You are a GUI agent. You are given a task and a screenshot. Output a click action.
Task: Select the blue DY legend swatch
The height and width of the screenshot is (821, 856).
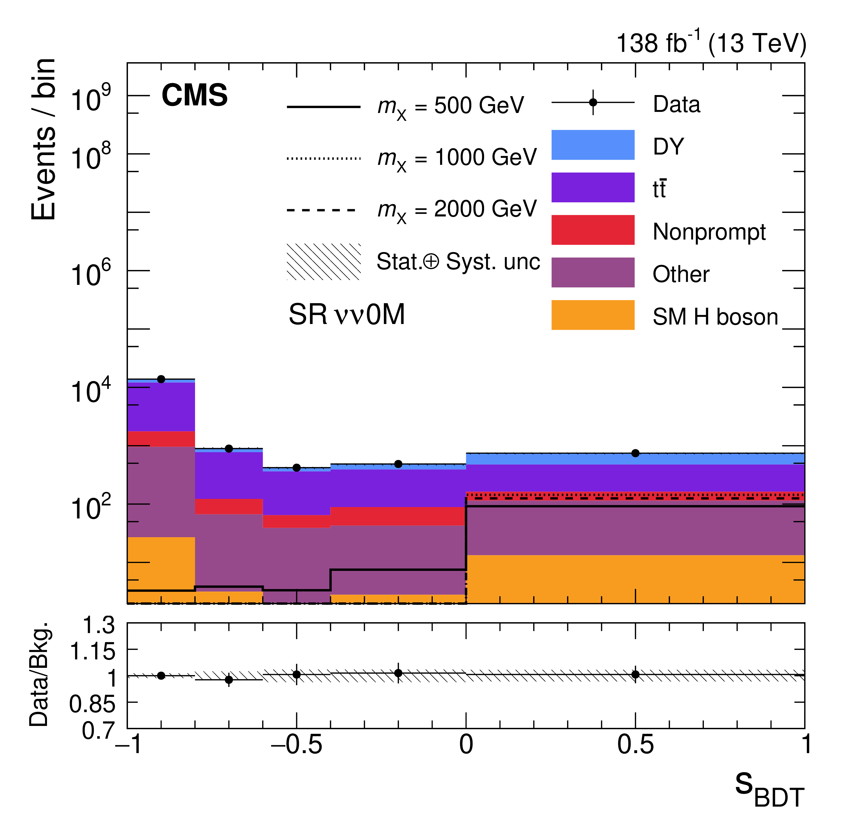click(593, 144)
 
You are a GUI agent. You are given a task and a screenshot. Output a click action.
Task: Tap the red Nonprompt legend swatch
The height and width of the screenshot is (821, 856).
click(593, 230)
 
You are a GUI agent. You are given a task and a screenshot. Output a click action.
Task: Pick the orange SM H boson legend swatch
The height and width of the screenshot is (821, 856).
click(593, 315)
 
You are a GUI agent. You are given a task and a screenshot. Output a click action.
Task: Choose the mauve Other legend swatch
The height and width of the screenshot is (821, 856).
click(593, 272)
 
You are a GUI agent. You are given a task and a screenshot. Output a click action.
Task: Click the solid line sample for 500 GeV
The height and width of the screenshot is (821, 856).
click(324, 106)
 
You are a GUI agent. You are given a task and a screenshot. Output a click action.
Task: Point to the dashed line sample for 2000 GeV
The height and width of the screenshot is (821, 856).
click(324, 210)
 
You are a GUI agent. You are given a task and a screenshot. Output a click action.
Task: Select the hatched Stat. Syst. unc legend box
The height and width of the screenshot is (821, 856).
click(324, 262)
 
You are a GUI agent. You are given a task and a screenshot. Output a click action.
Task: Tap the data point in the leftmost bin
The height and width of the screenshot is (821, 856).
click(161, 379)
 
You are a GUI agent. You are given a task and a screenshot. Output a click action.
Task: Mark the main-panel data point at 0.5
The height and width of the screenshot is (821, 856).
click(635, 453)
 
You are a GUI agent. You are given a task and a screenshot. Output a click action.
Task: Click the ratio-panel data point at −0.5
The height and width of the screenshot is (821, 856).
click(297, 674)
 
